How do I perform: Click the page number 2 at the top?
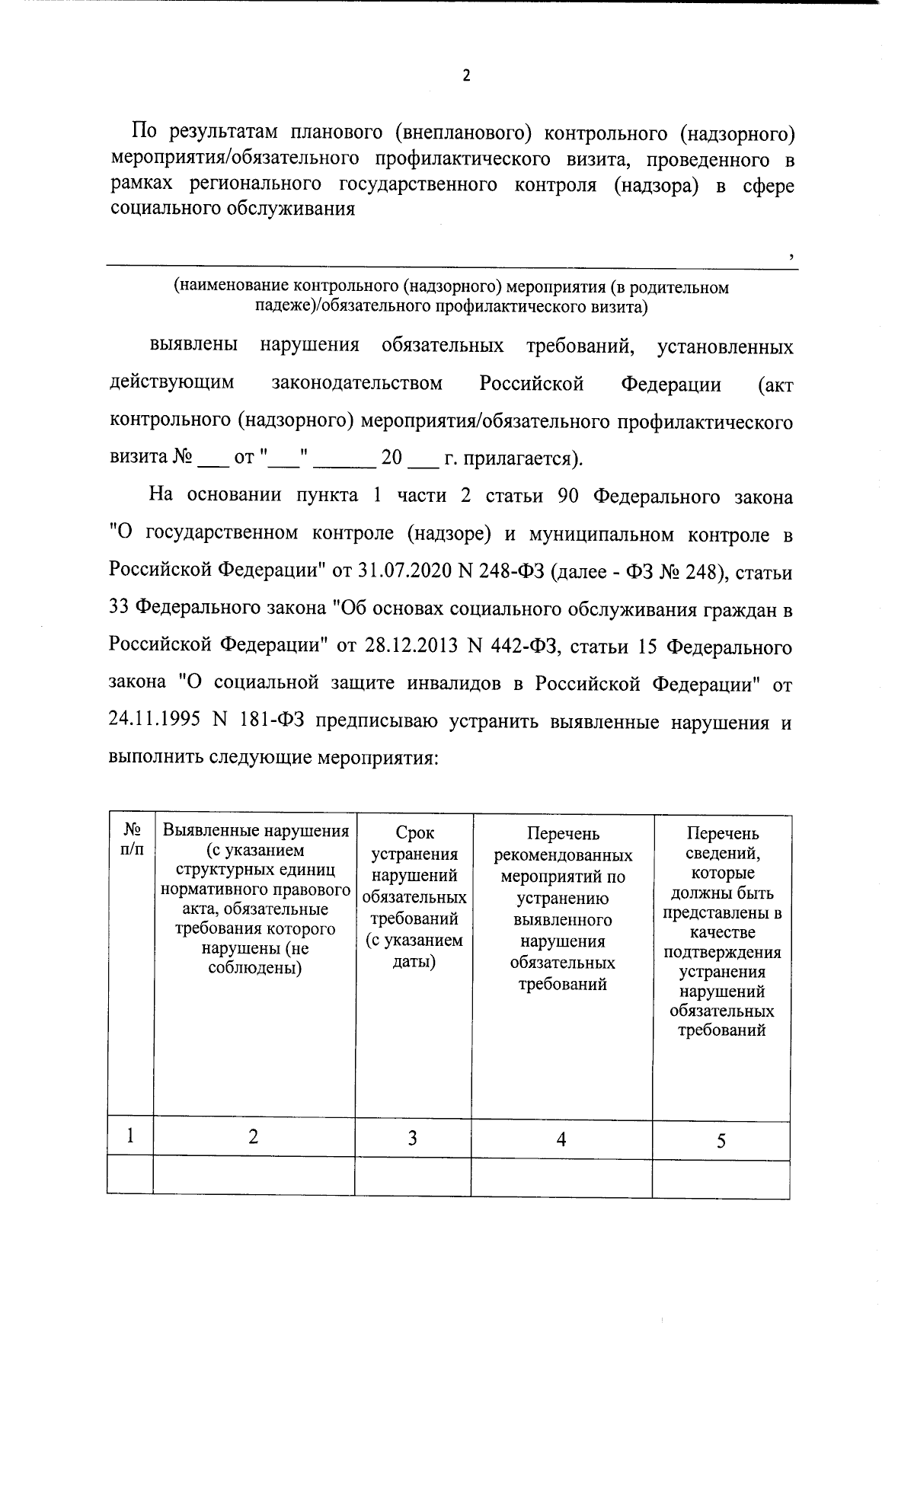466,75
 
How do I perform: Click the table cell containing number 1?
131,1136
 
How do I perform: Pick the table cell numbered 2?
253,1137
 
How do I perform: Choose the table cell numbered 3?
412,1139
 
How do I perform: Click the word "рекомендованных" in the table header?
563,855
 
